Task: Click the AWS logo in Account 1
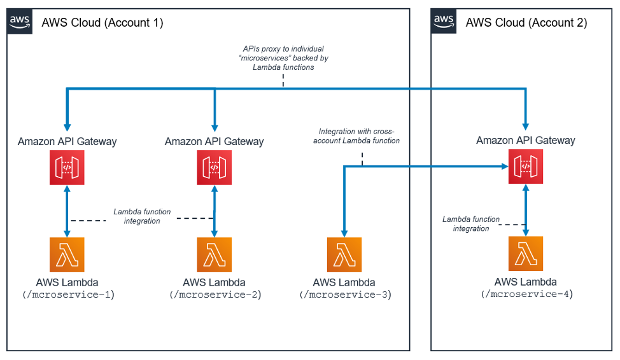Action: tap(20, 22)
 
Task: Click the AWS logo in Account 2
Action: tap(444, 22)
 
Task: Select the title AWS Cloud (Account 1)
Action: tap(102, 23)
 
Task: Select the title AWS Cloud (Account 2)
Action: tap(526, 23)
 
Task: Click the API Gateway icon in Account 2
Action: tap(526, 167)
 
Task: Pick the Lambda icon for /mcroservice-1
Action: tap(67, 255)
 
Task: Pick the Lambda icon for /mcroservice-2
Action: tap(214, 255)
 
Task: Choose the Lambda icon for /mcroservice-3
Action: tap(344, 255)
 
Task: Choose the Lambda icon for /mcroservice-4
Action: tap(526, 254)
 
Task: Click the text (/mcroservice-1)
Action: tap(67, 294)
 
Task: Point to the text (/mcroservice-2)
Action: tap(215, 294)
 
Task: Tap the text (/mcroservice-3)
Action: tap(344, 294)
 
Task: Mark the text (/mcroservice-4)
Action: tap(526, 294)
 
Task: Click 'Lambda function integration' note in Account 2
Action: tap(471, 224)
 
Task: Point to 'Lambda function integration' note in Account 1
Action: tap(142, 216)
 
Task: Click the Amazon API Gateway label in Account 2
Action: tap(526, 141)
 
